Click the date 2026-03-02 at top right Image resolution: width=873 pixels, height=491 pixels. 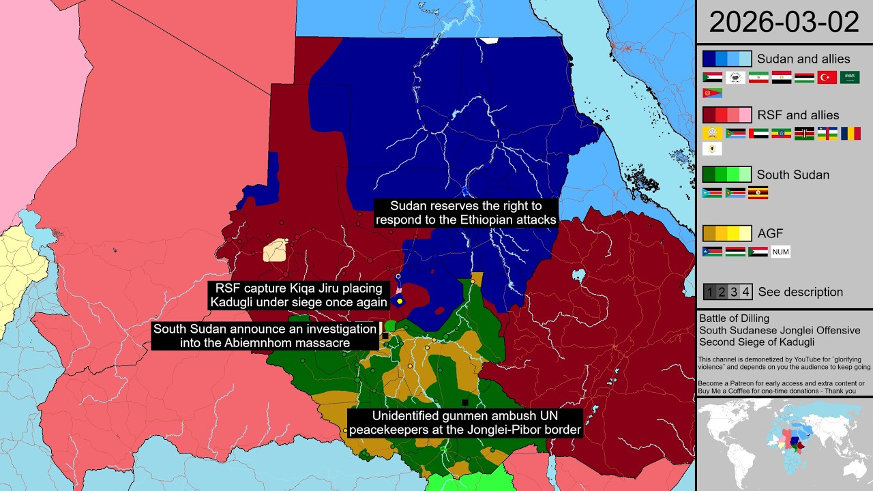(784, 23)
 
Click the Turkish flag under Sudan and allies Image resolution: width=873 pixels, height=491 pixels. (827, 77)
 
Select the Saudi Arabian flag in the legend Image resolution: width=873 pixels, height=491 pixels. (850, 77)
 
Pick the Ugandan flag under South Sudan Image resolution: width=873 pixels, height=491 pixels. (758, 193)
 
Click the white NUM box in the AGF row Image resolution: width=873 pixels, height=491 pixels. (780, 252)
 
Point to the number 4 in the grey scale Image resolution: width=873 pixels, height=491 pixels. (745, 292)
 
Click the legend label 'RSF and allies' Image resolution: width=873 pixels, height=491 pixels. (798, 115)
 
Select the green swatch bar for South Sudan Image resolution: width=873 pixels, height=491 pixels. (727, 175)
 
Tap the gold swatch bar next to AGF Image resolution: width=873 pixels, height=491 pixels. (727, 234)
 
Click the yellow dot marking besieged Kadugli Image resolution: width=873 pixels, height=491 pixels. (400, 301)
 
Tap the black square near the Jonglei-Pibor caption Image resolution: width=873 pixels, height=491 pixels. (465, 402)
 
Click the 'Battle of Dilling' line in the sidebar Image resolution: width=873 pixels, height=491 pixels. (733, 318)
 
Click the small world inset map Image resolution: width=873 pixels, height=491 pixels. (784, 443)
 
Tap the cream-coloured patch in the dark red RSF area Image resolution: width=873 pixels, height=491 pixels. (275, 250)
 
